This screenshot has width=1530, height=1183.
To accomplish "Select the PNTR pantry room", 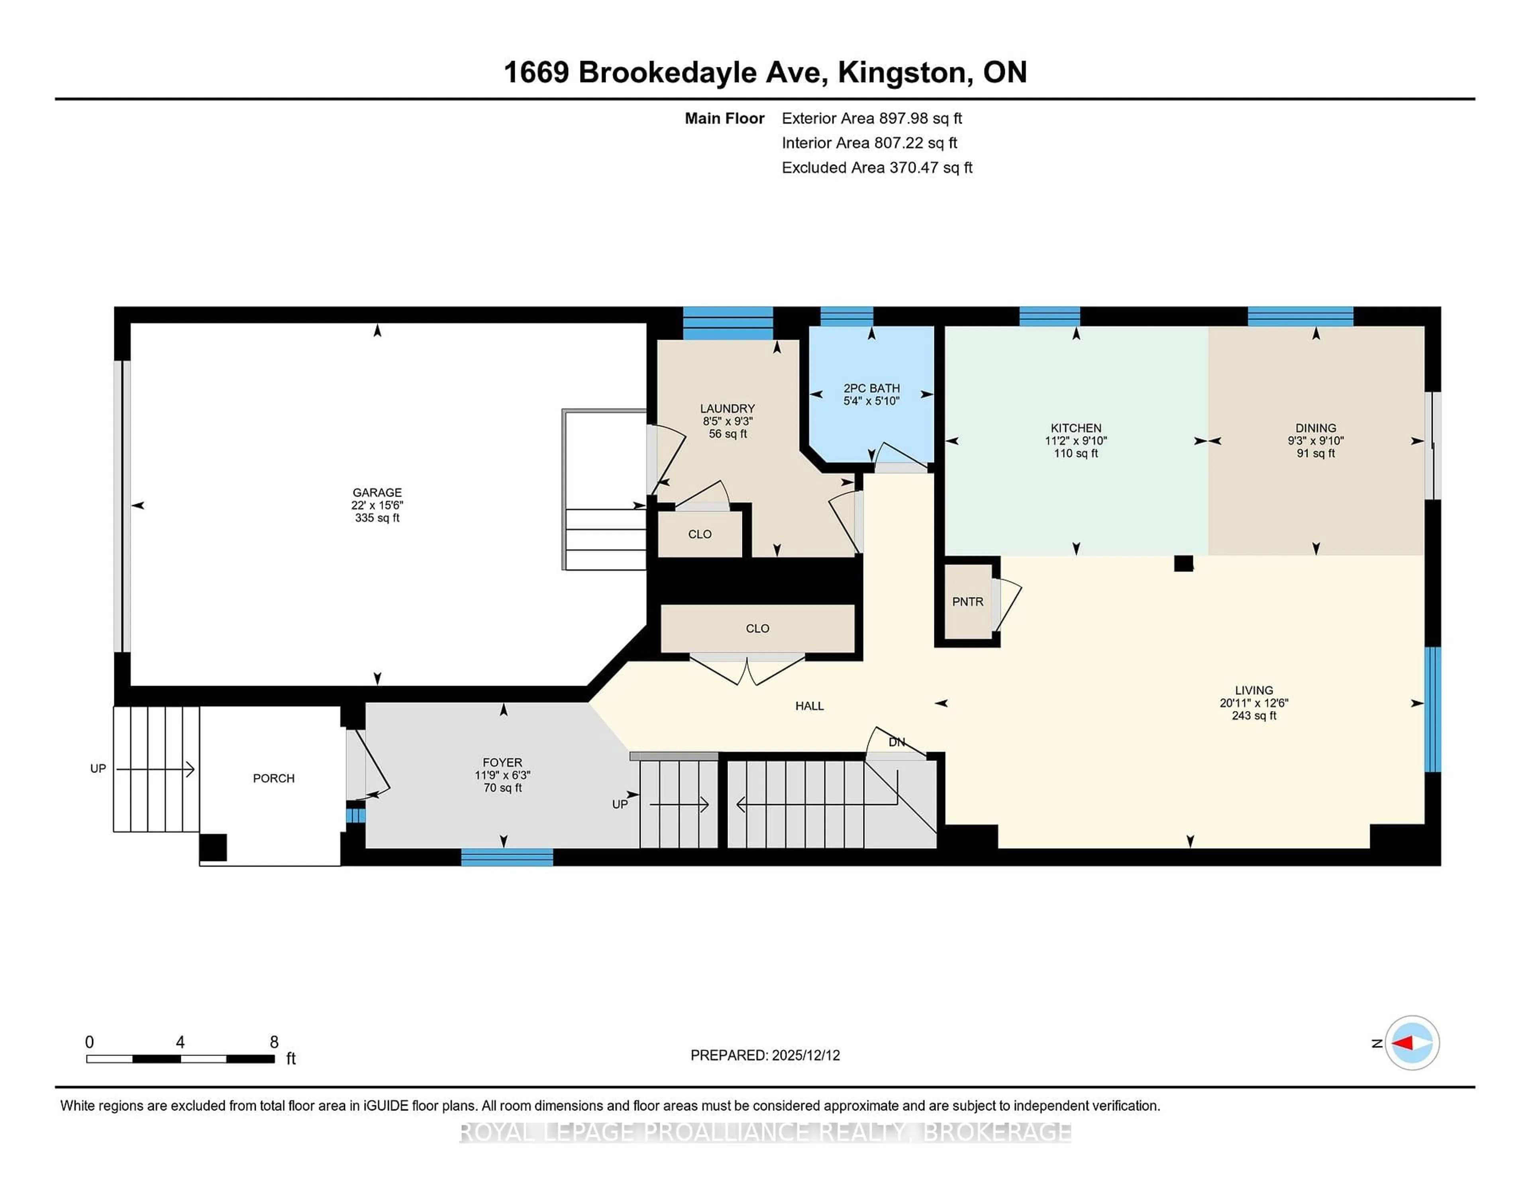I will coord(967,602).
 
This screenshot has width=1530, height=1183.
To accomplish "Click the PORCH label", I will coord(273,778).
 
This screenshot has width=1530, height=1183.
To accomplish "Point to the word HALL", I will coord(809,706).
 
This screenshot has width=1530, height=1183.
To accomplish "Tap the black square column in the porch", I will coord(213,847).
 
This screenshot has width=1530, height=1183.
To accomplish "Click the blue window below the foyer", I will coord(506,857).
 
